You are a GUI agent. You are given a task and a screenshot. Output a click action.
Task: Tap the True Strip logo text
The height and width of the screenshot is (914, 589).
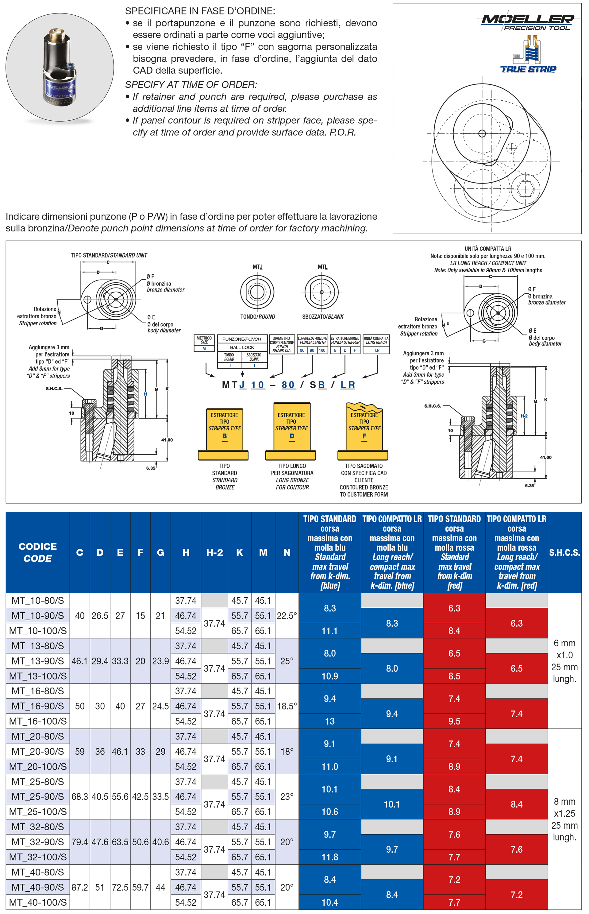click(528, 69)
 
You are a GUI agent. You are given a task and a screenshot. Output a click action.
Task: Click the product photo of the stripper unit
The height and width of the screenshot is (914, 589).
click(59, 68)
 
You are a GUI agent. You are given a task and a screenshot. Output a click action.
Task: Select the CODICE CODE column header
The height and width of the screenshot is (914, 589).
click(37, 552)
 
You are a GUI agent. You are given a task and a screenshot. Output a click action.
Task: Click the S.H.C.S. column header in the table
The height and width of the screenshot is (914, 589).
click(564, 552)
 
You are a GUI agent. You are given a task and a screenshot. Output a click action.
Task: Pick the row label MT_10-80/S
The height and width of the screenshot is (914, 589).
click(37, 600)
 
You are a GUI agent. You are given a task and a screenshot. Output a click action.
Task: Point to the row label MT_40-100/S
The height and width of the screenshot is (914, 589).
click(37, 902)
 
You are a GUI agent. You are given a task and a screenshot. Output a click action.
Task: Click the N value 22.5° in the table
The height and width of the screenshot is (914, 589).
click(287, 616)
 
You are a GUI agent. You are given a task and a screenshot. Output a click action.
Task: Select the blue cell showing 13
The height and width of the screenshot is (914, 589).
click(330, 721)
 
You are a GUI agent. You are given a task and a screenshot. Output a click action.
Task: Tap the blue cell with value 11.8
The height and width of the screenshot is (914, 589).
click(330, 857)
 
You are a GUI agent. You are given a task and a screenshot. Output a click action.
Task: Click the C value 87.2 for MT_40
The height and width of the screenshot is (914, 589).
click(79, 887)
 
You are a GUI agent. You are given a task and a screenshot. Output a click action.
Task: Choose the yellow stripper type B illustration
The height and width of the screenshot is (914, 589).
click(224, 432)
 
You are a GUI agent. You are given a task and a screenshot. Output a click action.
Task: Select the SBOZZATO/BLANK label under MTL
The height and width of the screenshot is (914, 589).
click(322, 317)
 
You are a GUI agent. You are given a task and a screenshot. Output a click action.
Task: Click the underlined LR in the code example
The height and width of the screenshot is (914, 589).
click(347, 385)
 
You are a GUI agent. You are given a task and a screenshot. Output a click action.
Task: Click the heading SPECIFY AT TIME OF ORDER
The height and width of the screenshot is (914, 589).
click(191, 84)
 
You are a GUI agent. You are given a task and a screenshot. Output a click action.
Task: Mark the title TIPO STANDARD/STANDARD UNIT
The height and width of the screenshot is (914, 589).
click(109, 255)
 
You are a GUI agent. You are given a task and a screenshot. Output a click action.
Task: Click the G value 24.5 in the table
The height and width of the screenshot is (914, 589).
click(160, 706)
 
